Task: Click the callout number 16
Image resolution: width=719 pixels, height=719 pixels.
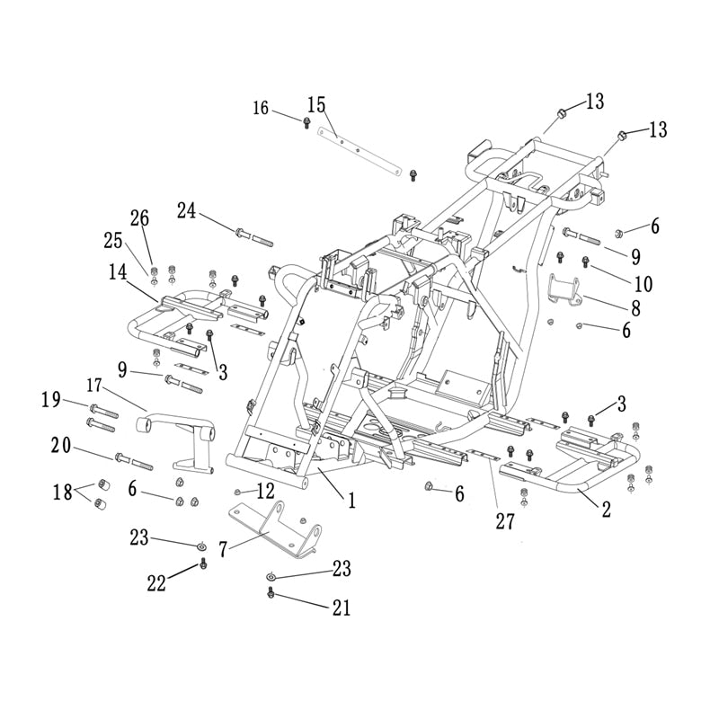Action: coord(260,108)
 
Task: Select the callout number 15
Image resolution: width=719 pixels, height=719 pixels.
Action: coord(315,103)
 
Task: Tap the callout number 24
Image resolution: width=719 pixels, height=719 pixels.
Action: coord(186,210)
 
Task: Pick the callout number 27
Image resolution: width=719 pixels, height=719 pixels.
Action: coord(505,520)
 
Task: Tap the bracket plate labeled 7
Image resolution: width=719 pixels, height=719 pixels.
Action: coord(270,527)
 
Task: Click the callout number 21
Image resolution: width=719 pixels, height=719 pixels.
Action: coord(341,608)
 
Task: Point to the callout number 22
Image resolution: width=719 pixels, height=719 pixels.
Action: coord(158,583)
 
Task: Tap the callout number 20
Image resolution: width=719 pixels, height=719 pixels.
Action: coord(61,444)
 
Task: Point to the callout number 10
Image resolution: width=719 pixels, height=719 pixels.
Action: coord(643,284)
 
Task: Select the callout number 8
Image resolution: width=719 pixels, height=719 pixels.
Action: coord(635,307)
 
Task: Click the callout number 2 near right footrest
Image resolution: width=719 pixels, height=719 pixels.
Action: coord(606,510)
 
